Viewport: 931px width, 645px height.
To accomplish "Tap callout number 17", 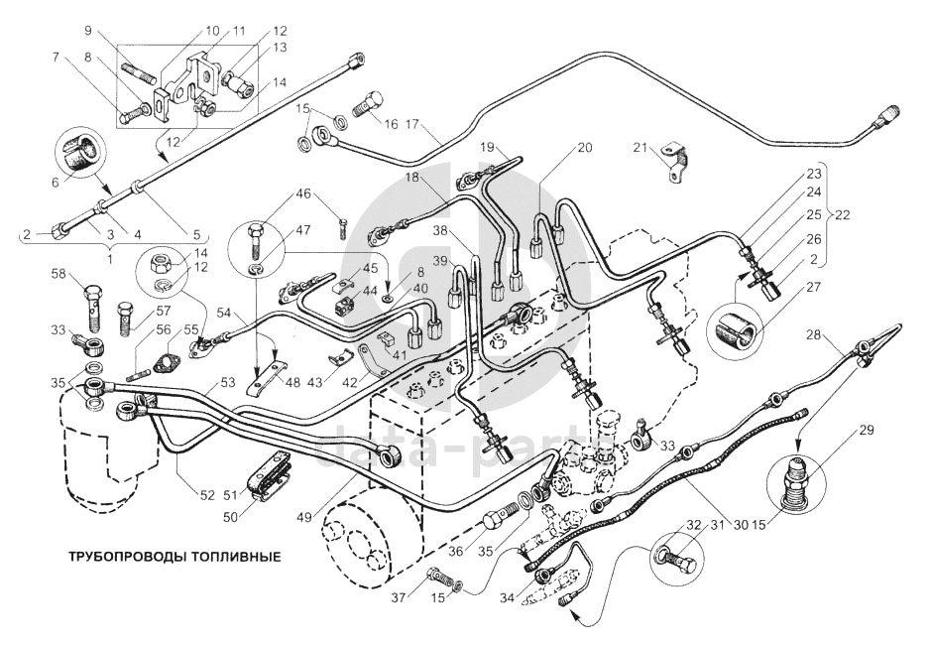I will click(x=412, y=126).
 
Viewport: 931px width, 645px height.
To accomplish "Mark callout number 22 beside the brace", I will click(x=843, y=215).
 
